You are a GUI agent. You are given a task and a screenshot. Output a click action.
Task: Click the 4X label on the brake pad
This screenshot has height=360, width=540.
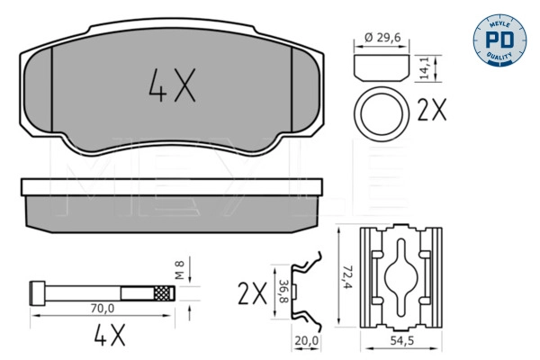click(170, 87)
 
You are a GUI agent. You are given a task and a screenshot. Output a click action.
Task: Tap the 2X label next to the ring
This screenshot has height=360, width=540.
click(432, 111)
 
